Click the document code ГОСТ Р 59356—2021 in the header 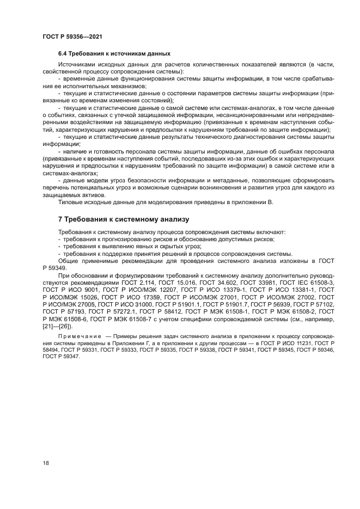click(72, 36)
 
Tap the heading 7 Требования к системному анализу click(123, 219)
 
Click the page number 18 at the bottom click(46, 463)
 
